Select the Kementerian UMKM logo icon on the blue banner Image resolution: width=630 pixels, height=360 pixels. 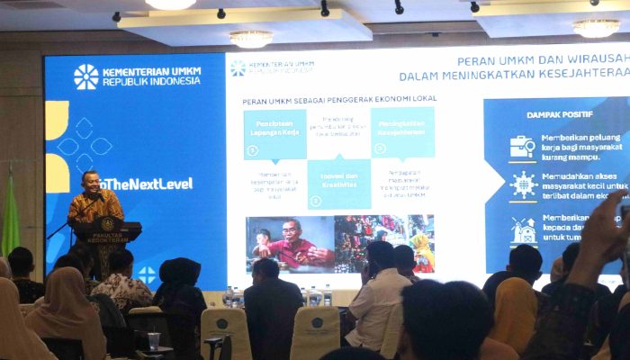tap(85, 76)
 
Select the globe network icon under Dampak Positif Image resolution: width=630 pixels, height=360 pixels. tap(522, 184)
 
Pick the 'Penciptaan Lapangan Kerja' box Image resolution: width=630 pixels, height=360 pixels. tap(274, 132)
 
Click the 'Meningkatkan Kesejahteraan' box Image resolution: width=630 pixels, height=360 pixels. tap(401, 131)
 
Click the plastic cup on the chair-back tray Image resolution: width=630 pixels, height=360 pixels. tap(154, 341)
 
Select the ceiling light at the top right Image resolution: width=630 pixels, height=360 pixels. tap(596, 28)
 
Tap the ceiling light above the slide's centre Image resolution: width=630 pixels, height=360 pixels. tap(251, 38)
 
